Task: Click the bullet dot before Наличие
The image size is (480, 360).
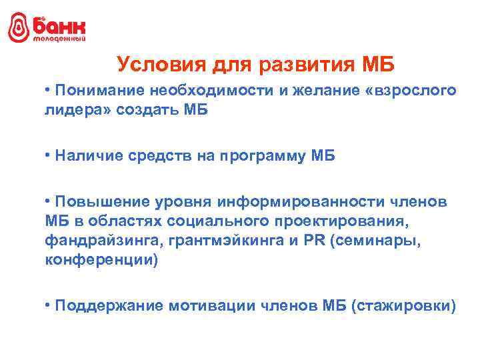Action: click(x=49, y=155)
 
